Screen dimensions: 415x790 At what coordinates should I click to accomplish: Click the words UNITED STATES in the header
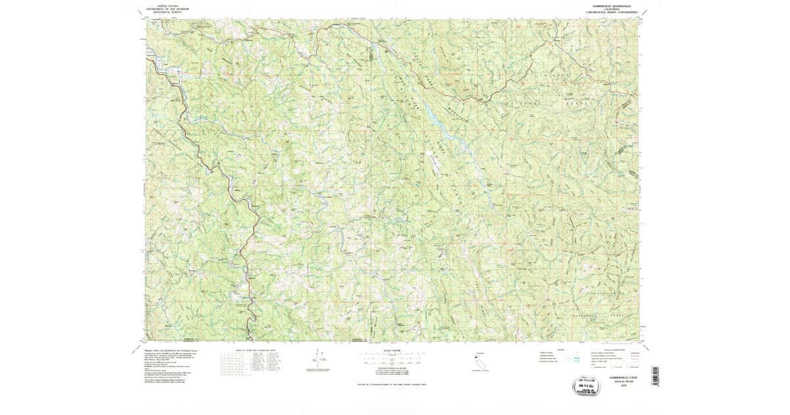coord(167,4)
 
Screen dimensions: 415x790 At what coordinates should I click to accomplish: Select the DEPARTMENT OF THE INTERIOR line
coord(167,8)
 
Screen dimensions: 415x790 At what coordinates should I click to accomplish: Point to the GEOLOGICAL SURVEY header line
coord(167,12)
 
